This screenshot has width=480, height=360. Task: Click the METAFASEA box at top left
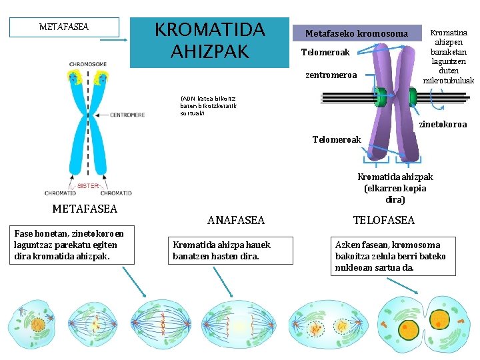coord(64,27)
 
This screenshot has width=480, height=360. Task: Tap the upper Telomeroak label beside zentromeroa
coord(325,52)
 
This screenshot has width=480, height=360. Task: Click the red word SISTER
coord(88,185)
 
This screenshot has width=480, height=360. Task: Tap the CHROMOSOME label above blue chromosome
coord(87,64)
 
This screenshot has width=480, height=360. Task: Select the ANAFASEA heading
coord(236,220)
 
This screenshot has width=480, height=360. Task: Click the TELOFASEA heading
coord(383,220)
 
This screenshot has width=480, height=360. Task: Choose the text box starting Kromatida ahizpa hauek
coord(222,250)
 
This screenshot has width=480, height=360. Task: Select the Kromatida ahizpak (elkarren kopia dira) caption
coord(395,188)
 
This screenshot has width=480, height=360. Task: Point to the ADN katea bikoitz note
coord(207,105)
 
